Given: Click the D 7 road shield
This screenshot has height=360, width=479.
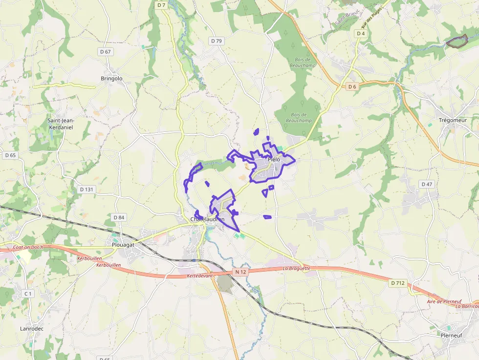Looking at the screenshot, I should [x=162, y=5].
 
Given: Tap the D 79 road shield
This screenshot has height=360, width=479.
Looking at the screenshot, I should [x=217, y=41].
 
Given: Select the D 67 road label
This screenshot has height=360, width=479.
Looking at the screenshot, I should [x=105, y=52].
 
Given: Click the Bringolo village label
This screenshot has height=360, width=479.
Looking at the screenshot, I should [x=111, y=78].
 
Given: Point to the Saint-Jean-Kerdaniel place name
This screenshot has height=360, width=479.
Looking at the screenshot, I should [x=61, y=124].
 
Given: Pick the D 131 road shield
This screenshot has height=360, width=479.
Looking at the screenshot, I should [x=86, y=189].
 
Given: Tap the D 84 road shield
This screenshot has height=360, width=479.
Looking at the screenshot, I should [x=119, y=217].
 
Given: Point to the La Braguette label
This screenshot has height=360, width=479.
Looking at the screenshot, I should [x=296, y=268].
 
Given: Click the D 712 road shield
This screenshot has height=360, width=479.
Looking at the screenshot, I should [x=398, y=283].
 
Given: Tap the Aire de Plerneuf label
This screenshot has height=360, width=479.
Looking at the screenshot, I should [x=444, y=301].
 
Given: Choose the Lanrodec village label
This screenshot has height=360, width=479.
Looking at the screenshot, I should [x=32, y=329].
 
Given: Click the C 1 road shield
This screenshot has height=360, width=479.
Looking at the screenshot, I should [x=28, y=294].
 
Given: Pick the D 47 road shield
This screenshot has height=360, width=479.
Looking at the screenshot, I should [x=427, y=184].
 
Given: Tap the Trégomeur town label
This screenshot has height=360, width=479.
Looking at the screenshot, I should [x=453, y=120].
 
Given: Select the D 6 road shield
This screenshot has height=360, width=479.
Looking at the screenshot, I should [x=352, y=86].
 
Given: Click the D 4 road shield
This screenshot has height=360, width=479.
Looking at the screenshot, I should [x=361, y=33].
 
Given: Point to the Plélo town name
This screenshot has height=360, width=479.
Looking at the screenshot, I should [x=274, y=159].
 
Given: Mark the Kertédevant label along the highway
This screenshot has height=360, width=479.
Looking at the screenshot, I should [x=200, y=276].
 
